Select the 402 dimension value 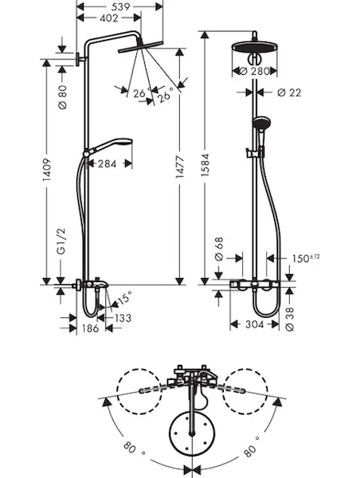coord(109,18)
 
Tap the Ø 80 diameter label coord(62,97)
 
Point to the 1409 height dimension coord(46,170)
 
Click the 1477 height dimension coord(180,167)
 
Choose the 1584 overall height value coord(205,165)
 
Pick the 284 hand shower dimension coord(108,164)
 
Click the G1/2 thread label coord(61,241)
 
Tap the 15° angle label coord(125,297)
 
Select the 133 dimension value coord(123,318)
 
